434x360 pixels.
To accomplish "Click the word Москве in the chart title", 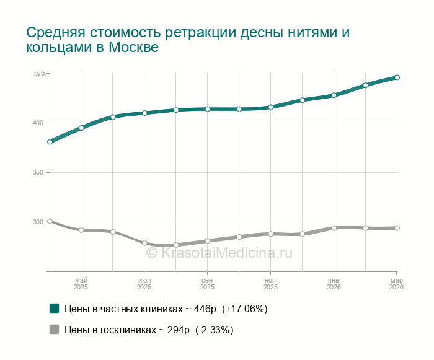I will point(133,48).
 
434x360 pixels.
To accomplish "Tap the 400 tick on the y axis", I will point(38,123).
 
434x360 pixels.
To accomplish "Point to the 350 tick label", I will point(38,172).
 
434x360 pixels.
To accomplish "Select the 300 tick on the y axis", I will point(38,222).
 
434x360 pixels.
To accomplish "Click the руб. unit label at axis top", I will point(40,74).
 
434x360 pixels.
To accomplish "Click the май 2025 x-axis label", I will point(81,284).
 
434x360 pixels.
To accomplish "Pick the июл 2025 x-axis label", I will point(144,284).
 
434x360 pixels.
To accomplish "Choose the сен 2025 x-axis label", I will point(207,284).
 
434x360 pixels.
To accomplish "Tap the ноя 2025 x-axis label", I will point(270,284).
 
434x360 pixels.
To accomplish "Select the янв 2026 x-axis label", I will point(334,284).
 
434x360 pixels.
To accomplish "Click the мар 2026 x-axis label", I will point(396,284).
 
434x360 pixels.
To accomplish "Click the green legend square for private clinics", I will point(55,309).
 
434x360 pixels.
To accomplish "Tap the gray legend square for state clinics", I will point(55,330).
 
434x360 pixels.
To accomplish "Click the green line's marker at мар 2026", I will point(397,77).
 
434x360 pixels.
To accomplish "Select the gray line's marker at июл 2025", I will point(144,243).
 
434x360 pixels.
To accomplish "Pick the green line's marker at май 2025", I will point(81,128).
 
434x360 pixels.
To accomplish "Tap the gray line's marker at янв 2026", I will point(334,228).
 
